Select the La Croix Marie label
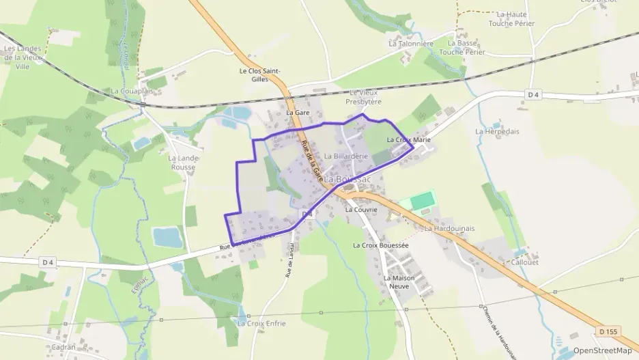408,140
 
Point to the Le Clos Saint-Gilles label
261,75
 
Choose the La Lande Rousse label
182,162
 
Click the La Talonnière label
411,43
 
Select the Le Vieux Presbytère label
363,97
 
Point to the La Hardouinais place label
449,228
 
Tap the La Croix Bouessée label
380,245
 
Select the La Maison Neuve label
399,282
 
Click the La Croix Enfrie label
261,323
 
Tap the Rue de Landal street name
289,260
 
